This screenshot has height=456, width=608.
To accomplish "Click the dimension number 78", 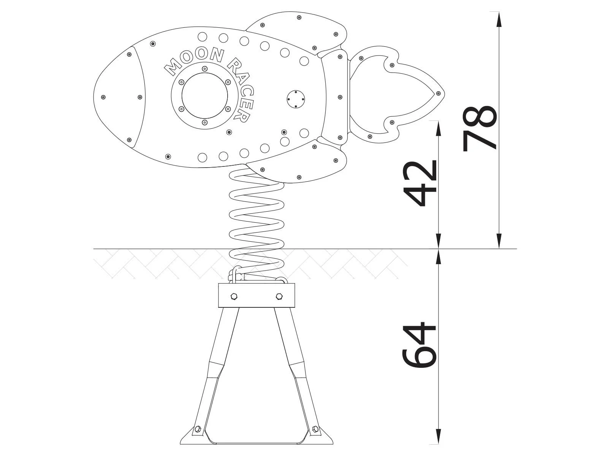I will pos(480,128).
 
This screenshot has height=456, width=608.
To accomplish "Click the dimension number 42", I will pos(419,184).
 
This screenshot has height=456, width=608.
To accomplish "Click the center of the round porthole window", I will pos(204,95).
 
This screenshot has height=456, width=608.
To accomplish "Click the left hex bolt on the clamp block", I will pos(234,296).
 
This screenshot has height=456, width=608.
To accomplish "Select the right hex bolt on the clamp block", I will pos(279,296).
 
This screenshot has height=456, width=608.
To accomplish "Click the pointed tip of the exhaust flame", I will pos(443,93).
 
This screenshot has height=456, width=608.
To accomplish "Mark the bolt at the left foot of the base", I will pos(197,429).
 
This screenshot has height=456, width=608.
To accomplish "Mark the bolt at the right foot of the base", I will pos(315,429).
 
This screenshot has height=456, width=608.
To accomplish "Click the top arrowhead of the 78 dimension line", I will pos(499,17).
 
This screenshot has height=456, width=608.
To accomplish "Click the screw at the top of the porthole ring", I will pos(205,69).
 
